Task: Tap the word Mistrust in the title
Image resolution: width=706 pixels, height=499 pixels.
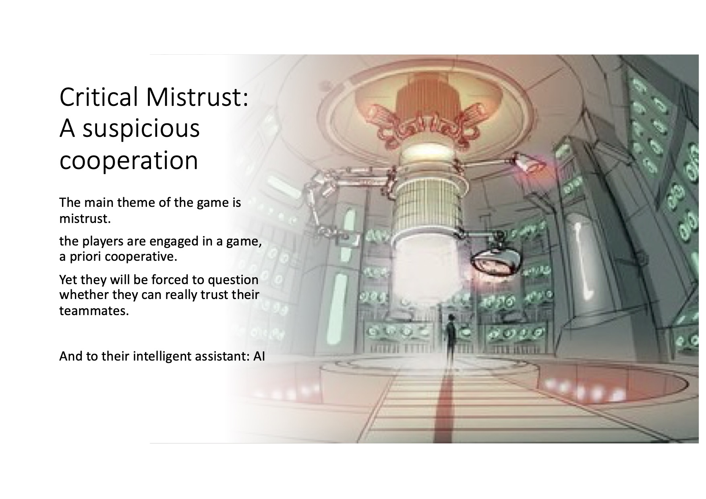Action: tap(197, 97)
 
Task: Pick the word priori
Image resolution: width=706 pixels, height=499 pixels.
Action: tap(85, 257)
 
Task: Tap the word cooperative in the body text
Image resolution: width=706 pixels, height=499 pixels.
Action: tap(141, 257)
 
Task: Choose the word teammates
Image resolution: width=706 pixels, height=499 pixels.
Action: tap(94, 311)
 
